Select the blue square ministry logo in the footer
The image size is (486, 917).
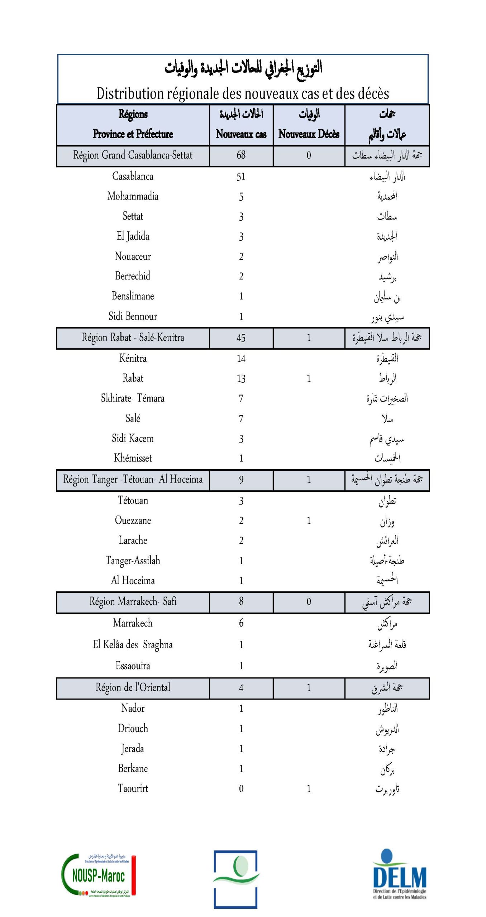(x=236, y=879)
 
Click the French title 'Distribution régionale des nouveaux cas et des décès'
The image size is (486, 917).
(x=243, y=93)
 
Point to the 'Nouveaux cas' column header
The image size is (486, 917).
(x=241, y=134)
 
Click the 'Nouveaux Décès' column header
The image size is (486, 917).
(x=309, y=134)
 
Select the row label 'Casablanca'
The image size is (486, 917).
(x=133, y=176)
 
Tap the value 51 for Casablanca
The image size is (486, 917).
(x=241, y=177)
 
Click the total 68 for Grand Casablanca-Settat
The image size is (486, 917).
(x=241, y=155)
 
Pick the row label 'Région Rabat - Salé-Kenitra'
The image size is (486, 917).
(x=133, y=338)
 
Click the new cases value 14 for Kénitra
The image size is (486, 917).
(x=241, y=359)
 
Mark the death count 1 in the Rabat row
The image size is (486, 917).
(x=309, y=379)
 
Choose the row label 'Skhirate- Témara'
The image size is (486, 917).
(x=133, y=398)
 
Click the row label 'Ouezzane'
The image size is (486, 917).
(x=133, y=520)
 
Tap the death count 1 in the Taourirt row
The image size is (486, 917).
(x=309, y=788)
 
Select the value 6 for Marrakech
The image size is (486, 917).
(x=241, y=623)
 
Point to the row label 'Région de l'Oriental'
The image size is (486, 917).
(x=133, y=687)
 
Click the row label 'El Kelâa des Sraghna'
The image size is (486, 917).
(x=133, y=645)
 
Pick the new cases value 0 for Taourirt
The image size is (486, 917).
(x=241, y=788)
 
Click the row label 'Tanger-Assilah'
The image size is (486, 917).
(x=133, y=561)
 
